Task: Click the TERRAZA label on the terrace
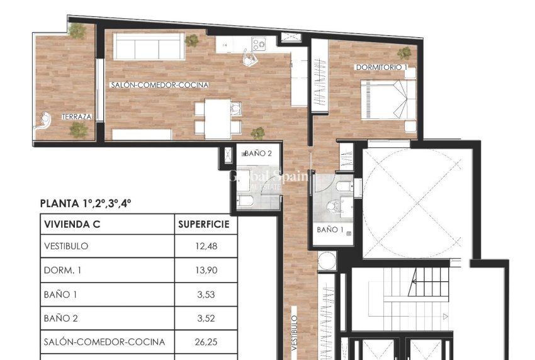click(77, 117)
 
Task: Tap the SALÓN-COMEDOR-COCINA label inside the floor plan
click(159, 85)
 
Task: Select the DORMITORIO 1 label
click(381, 67)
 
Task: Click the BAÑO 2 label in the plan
click(258, 153)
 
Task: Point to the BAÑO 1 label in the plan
click(330, 230)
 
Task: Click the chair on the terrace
click(43, 120)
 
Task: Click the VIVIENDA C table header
click(72, 223)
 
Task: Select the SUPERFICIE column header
click(204, 223)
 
